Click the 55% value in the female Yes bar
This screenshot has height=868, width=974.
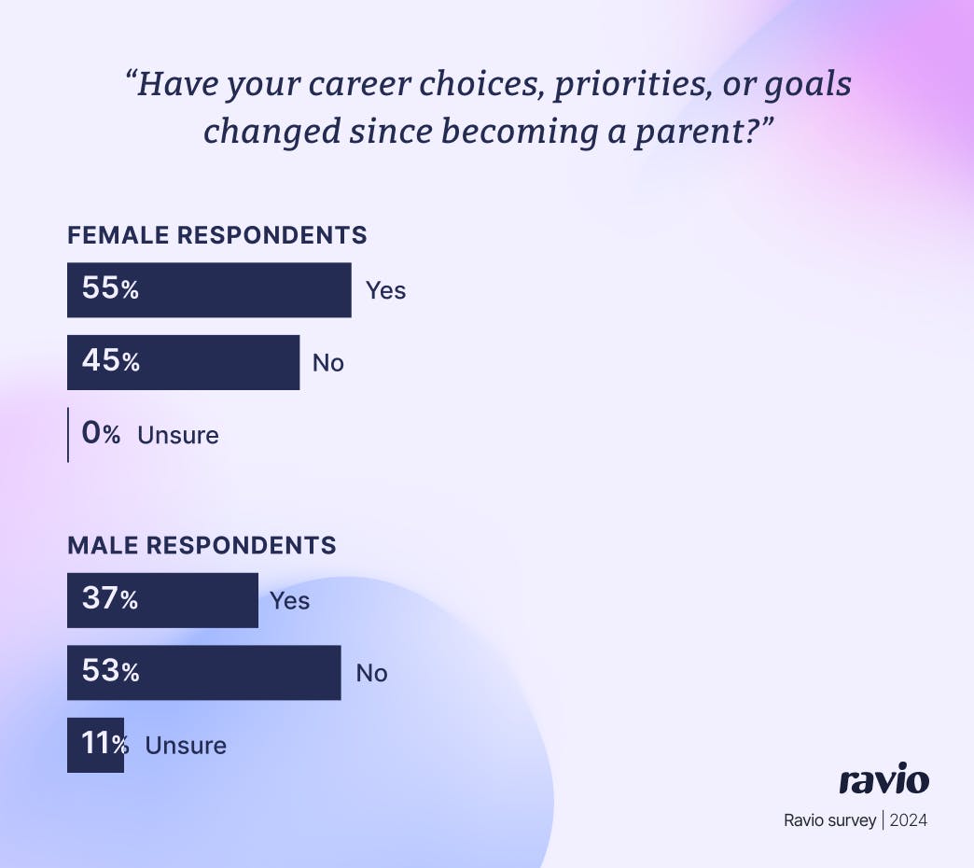coord(110,289)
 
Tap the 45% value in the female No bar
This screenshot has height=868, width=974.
coord(110,361)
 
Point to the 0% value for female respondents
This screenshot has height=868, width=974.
coord(101,434)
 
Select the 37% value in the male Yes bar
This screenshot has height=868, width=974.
coord(110,599)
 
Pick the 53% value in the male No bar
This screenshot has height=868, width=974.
coord(110,671)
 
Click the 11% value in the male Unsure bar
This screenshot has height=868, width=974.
coord(104,744)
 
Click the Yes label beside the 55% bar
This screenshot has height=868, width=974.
coord(385,290)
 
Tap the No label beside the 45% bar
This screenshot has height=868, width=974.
coord(328,362)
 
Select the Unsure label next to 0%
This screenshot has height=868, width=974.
coord(178,435)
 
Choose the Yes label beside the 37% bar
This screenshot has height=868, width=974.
coord(289,600)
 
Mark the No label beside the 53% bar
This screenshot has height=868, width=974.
coord(371,673)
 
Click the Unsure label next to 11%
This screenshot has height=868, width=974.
coord(186,745)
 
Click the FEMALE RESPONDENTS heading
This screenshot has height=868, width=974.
coord(217,235)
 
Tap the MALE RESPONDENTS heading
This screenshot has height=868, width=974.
coord(202,545)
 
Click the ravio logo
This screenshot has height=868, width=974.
coord(884,780)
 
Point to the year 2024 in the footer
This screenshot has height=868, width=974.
coord(908,821)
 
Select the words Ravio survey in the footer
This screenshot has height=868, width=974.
coord(829,821)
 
